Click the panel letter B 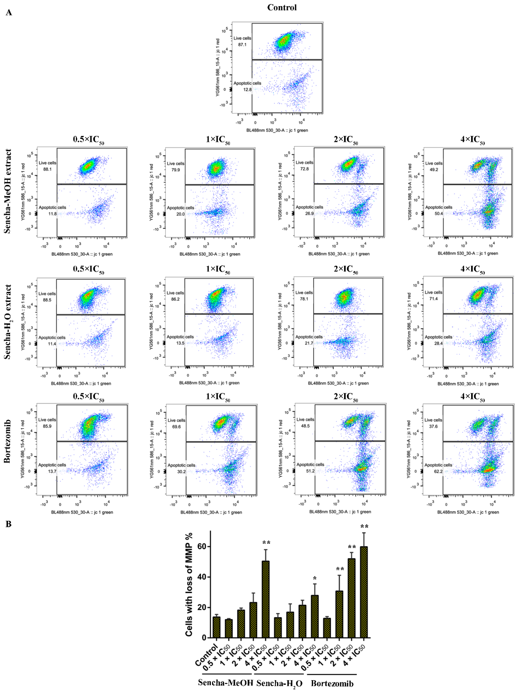tap(9, 524)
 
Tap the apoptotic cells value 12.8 tap(247, 90)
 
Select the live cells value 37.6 tap(433, 426)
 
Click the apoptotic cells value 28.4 tap(438, 343)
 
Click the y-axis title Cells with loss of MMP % tap(189, 584)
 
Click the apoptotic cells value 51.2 tap(310, 471)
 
